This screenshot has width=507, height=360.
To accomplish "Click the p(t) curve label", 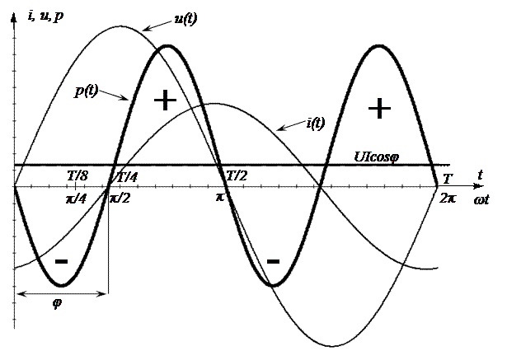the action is click(x=87, y=91).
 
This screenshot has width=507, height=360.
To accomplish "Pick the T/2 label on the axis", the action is click(x=236, y=176).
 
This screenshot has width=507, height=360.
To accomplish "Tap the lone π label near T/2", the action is click(x=220, y=198).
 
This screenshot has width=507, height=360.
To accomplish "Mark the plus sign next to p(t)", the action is click(x=166, y=101).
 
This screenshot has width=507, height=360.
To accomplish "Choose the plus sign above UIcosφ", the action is click(x=378, y=108).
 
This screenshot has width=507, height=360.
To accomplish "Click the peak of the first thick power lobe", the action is click(x=167, y=46).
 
